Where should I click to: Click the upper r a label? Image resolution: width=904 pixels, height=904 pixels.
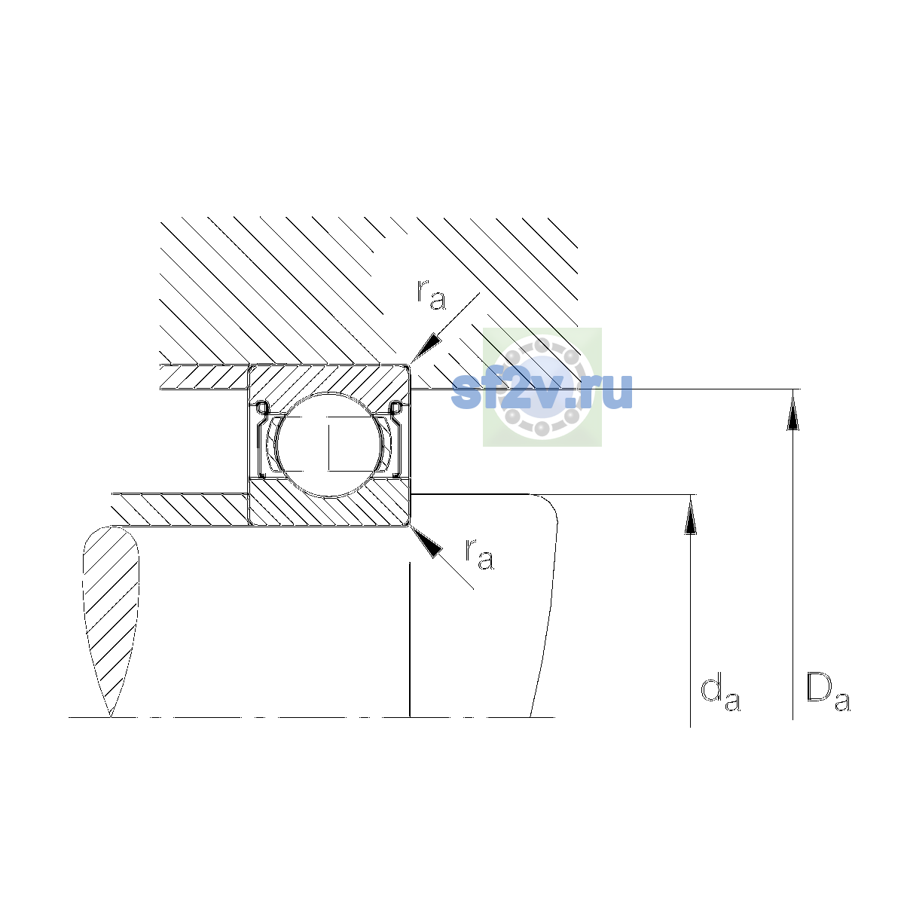tap(431, 295)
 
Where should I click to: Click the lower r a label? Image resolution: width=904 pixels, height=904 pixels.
tap(479, 554)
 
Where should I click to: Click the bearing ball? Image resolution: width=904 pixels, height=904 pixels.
tap(330, 444)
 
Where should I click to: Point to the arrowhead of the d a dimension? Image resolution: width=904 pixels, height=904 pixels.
tap(690, 515)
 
